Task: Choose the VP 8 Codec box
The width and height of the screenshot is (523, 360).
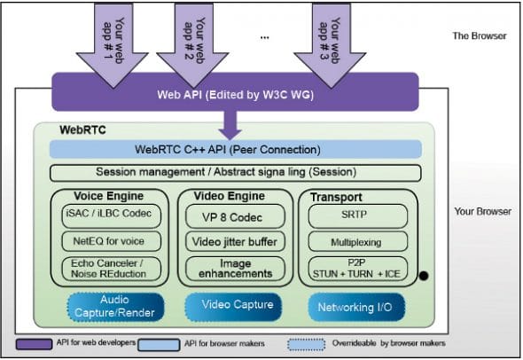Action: tap(235, 215)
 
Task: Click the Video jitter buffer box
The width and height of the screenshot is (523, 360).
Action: tap(235, 240)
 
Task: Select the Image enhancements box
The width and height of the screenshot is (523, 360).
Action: tap(235, 267)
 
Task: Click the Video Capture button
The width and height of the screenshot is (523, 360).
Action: tap(235, 305)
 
